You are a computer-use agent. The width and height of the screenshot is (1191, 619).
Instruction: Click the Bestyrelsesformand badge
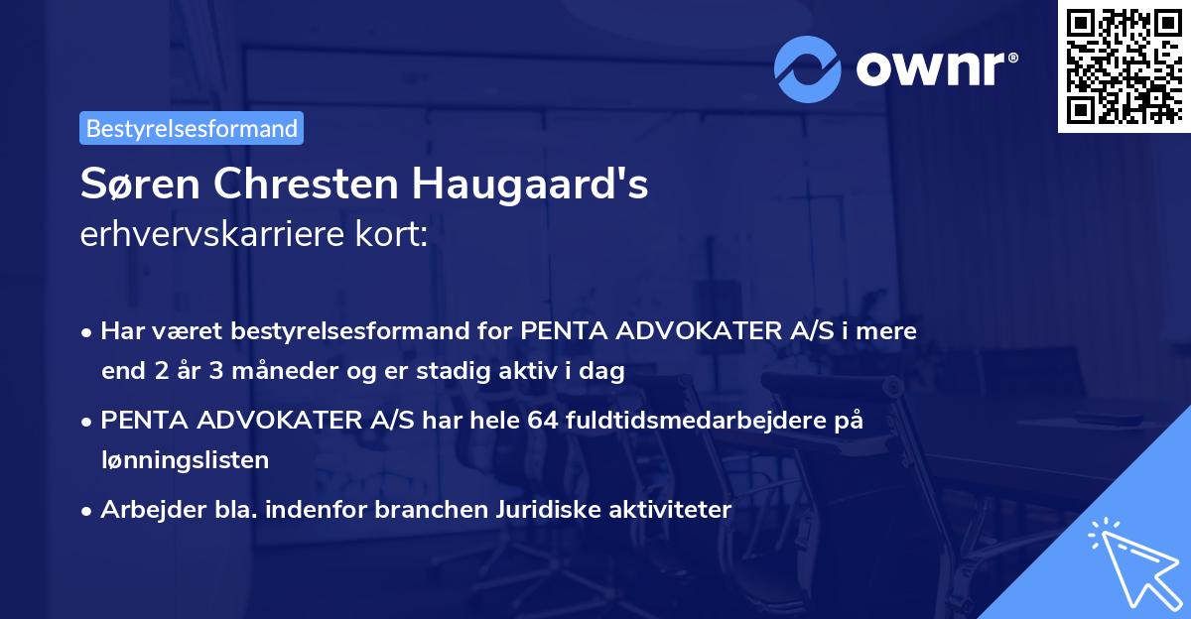coord(192,128)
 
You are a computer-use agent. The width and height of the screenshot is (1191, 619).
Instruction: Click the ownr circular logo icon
coord(807,67)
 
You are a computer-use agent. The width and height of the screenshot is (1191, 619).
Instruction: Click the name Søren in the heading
coord(134,186)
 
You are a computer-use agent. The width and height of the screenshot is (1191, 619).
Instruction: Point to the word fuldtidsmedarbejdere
coord(696,421)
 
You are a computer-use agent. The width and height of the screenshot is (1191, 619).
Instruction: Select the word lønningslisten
coord(185,459)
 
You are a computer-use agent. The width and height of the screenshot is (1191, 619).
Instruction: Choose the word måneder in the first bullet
coord(258,372)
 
